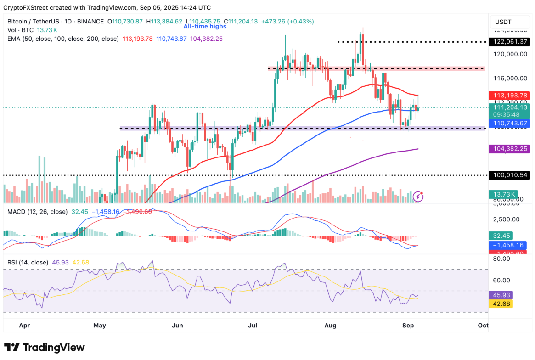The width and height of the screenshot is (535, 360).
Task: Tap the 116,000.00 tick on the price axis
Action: pyautogui.click(x=510, y=78)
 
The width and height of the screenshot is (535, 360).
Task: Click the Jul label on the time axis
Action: pyautogui.click(x=253, y=326)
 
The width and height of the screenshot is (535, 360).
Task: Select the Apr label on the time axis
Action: pyautogui.click(x=24, y=326)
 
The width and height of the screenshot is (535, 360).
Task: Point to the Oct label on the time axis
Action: pyautogui.click(x=483, y=326)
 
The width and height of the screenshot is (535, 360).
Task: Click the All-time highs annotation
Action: pyautogui.click(x=205, y=27)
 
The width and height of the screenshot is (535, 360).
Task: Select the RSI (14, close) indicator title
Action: pyautogui.click(x=28, y=262)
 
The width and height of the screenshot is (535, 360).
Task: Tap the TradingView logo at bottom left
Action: pyautogui.click(x=45, y=347)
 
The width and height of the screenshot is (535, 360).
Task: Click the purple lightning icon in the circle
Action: pyautogui.click(x=418, y=197)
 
